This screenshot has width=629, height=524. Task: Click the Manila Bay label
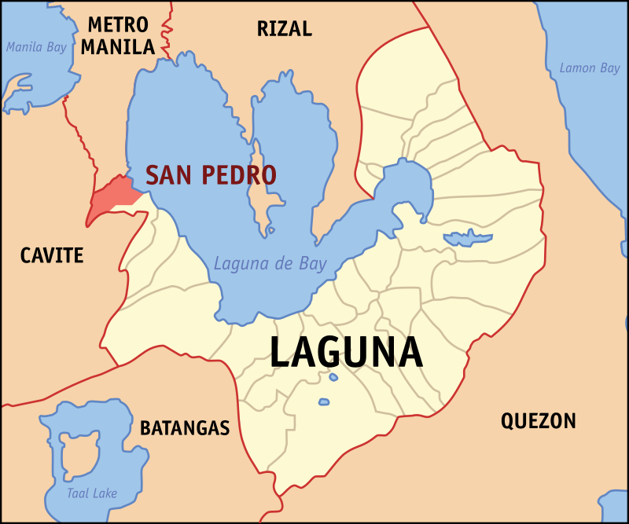(36, 47)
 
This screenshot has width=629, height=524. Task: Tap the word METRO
(118, 24)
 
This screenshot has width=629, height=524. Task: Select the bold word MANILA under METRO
(118, 47)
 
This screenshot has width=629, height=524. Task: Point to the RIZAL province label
(284, 29)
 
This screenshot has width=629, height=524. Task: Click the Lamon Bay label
(589, 68)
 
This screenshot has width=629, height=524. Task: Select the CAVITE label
(52, 255)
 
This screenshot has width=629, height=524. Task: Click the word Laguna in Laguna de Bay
(239, 264)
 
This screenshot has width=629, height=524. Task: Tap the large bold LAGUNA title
(346, 353)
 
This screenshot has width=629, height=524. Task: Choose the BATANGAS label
(185, 428)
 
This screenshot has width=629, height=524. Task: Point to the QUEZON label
(539, 421)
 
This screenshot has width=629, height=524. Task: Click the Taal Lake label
(92, 493)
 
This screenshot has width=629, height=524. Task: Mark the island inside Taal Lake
(79, 456)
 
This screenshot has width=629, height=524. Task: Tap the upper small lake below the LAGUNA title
(333, 377)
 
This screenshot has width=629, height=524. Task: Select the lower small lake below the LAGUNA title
(323, 403)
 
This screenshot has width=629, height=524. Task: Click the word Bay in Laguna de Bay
(312, 264)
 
